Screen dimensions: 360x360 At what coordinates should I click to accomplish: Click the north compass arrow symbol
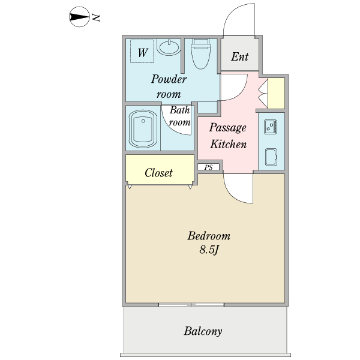pyautogui.click(x=78, y=18)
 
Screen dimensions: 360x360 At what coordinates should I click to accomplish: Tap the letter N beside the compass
pyautogui.click(x=95, y=18)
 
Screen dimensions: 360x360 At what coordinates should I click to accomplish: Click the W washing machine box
pyautogui.click(x=142, y=52)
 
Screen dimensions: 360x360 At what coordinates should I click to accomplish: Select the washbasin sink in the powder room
pyautogui.click(x=171, y=47)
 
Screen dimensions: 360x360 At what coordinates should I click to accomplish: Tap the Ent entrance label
pyautogui.click(x=239, y=58)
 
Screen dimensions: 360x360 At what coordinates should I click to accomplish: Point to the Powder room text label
pyautogui.click(x=169, y=86)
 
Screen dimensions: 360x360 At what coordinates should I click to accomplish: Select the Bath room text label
pyautogui.click(x=179, y=116)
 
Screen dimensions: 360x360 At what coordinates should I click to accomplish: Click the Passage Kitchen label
pyautogui.click(x=227, y=136)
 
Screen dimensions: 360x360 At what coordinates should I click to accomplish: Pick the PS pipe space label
pyautogui.click(x=208, y=167)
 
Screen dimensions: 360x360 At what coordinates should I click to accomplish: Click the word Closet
pyautogui.click(x=159, y=173)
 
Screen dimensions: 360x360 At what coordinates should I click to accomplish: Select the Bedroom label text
pyautogui.click(x=209, y=235)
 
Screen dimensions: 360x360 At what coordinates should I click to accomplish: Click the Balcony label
pyautogui.click(x=203, y=331)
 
